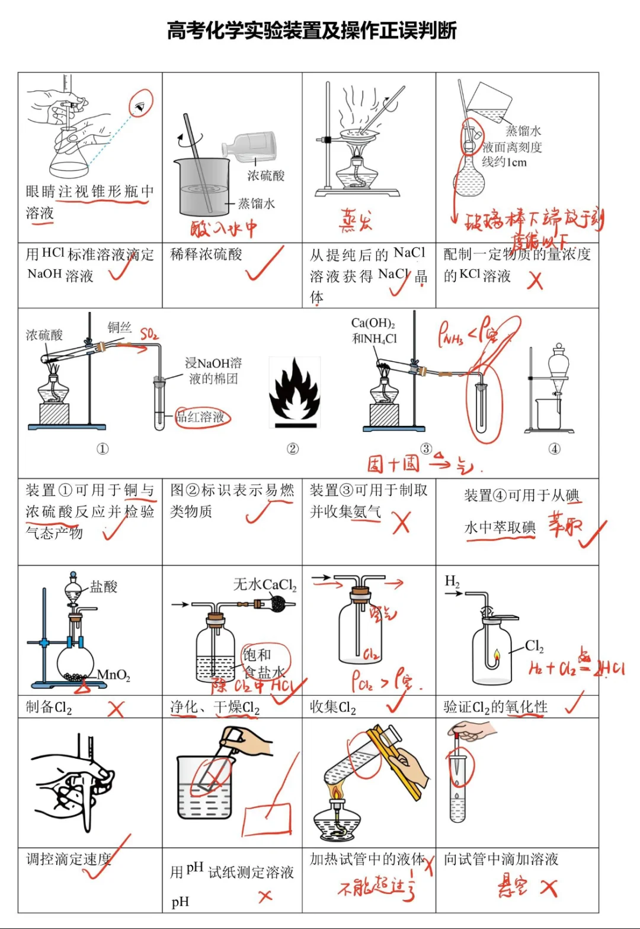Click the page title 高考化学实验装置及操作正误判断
pos(312,30)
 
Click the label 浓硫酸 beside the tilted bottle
pos(265,176)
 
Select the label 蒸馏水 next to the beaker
pos(256,203)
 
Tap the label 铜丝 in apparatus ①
pos(119,327)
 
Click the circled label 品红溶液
pos(202,417)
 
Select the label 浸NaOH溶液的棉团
pos(213,371)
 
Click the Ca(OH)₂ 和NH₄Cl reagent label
pos(374,330)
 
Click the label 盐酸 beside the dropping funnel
pos(104,587)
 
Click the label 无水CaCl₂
pos(264,585)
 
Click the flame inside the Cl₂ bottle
pos(497,655)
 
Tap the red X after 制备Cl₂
pos(116,708)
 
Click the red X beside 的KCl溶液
pos(535,280)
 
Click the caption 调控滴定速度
pos(69,859)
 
